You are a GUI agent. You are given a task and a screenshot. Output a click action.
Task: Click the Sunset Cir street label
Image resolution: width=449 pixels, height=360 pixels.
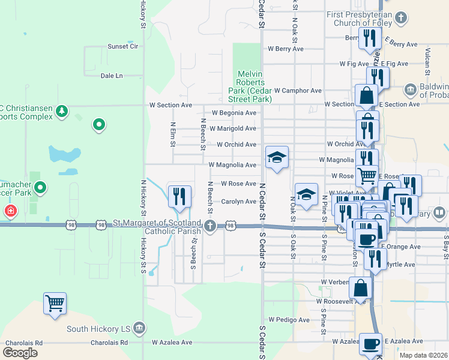point(122,46)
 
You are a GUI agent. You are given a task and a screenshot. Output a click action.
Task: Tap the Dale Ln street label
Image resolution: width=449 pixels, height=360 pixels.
point(112,76)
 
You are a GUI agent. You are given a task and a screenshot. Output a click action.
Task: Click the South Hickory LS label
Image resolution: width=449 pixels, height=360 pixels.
point(97,329)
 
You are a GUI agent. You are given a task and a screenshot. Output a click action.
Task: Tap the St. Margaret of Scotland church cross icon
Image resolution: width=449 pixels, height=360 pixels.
point(209,226)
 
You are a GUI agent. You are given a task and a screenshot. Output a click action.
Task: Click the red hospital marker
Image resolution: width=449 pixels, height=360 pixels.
point(10,211)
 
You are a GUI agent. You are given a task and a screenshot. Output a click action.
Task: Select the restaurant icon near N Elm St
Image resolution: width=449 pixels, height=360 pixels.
point(179,196)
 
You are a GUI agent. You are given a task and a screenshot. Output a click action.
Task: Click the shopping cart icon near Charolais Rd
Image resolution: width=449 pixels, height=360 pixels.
point(55,303)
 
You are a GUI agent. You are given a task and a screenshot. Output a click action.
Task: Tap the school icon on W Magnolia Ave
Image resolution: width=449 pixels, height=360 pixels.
point(277,158)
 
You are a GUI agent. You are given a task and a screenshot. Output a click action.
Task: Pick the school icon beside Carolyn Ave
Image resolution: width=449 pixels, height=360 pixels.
point(306,194)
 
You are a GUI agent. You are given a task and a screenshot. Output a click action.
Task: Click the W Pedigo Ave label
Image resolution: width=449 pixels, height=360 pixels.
point(289,320)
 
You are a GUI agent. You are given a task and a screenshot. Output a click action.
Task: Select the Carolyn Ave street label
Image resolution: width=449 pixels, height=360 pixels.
point(238,202)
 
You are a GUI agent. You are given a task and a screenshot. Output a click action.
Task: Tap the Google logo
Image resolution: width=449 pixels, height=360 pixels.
point(20,353)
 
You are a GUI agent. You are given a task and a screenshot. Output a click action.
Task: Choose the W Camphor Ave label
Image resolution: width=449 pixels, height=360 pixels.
point(300,91)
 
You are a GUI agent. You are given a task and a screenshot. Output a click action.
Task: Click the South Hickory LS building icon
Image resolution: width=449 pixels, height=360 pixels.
point(139,328)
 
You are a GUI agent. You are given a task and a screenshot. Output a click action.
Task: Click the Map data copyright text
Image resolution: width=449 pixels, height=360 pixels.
point(423,355)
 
